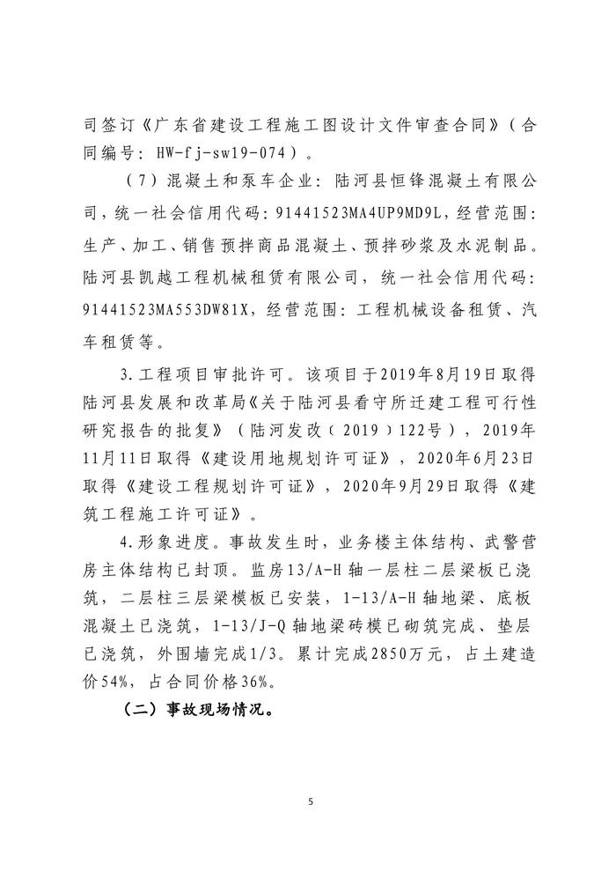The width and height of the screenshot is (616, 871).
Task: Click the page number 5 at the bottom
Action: (309, 801)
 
